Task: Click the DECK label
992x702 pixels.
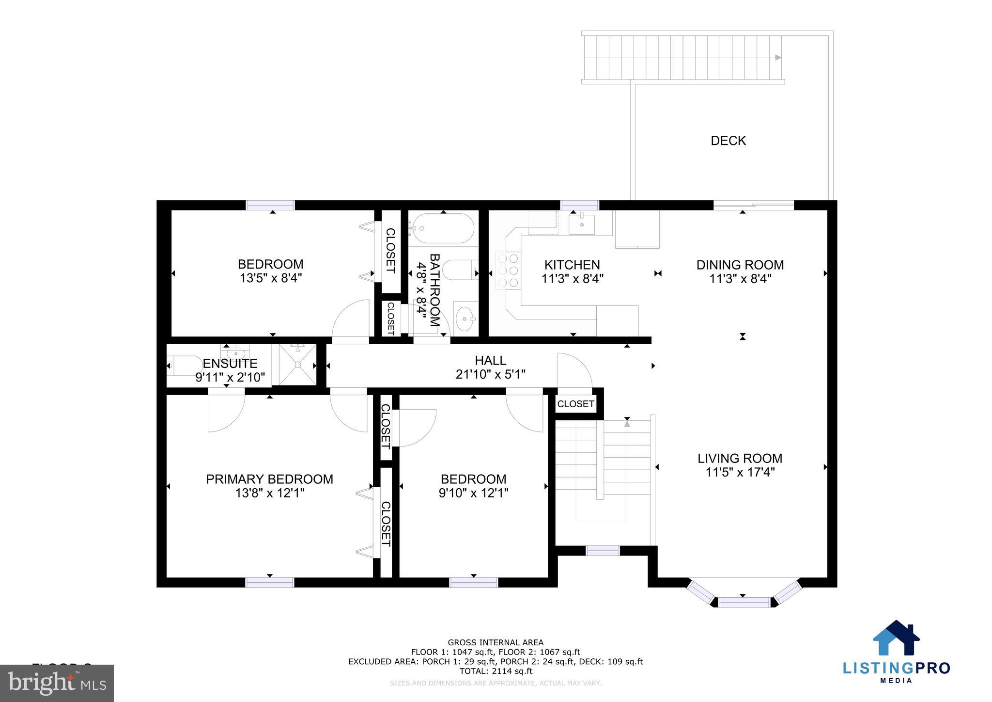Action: [728, 141]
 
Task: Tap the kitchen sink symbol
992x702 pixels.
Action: [581, 223]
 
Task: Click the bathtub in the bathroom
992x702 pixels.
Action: [442, 228]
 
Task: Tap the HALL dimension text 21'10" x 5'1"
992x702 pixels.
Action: [490, 374]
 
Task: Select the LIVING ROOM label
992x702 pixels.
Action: [740, 458]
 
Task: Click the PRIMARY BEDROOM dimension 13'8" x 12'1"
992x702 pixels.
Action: [269, 493]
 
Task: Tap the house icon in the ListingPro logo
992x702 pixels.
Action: [896, 638]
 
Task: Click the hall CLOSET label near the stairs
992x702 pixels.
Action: [575, 404]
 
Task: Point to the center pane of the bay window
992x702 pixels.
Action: [744, 603]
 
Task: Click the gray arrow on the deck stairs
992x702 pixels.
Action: [778, 58]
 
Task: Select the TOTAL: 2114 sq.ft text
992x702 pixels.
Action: [496, 671]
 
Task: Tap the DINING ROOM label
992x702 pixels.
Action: [740, 265]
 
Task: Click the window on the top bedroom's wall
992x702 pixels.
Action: [270, 205]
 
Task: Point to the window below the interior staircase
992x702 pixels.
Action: [603, 551]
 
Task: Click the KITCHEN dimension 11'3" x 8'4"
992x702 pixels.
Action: [572, 279]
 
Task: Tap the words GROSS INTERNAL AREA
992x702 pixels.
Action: [496, 643]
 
